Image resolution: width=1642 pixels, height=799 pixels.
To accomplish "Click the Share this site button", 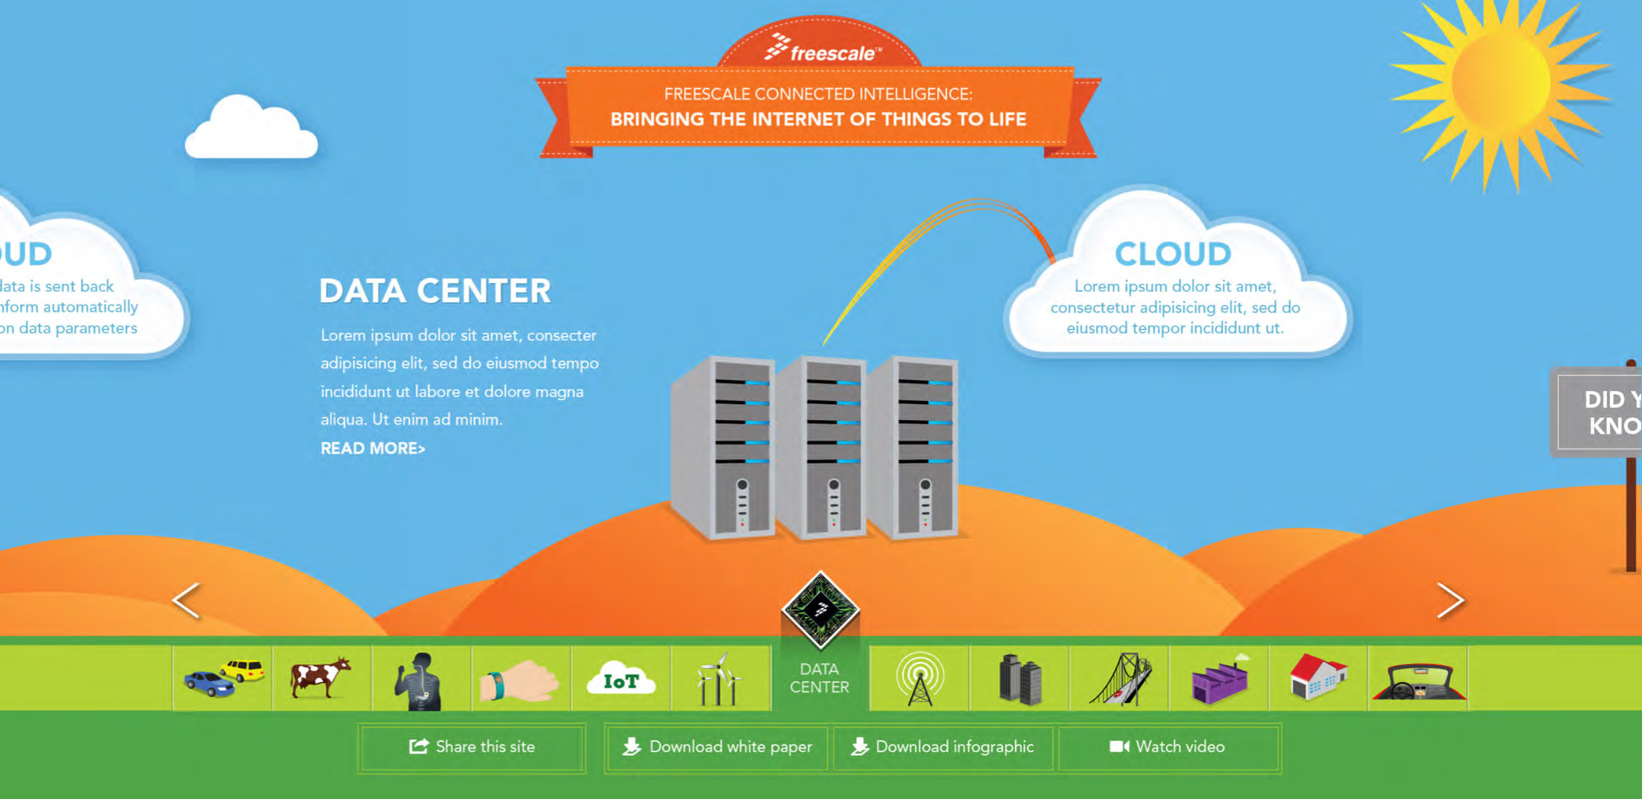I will point(472,747).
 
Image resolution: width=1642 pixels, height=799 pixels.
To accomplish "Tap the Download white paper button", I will point(716,747).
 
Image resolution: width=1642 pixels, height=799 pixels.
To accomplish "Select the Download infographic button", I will point(942,747).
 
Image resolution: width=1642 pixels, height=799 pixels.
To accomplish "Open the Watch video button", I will point(1168,747).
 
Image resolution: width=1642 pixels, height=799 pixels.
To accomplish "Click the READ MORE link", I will point(373,448).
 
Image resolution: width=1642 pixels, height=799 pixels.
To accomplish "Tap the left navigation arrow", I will point(186,600).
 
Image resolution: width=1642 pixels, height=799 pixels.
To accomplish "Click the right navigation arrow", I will point(1450,600).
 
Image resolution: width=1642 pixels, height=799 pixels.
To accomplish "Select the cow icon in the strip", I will point(321,677).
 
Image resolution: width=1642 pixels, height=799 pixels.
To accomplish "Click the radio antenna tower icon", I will point(919,678).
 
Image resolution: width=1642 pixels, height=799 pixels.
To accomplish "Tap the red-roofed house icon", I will point(1318,676).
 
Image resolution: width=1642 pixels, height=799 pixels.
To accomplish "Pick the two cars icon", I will point(223,678).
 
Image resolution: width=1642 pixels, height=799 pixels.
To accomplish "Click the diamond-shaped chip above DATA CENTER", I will point(820,610).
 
